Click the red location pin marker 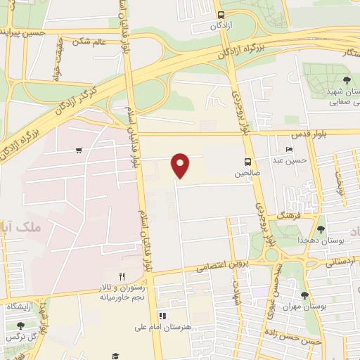click(181, 166)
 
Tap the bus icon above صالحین click(247, 160)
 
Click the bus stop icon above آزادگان click(221, 15)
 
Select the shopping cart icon click(79, 150)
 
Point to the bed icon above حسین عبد click(288, 150)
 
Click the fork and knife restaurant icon click(122, 276)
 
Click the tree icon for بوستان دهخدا click(321, 229)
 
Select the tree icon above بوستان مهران click(304, 296)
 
